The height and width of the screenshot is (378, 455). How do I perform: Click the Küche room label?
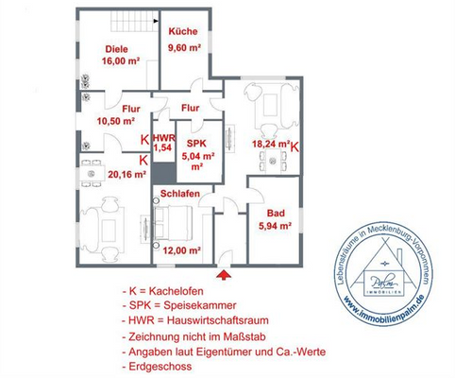pyautogui.click(x=182, y=31)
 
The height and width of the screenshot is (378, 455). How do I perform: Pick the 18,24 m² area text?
pyautogui.click(x=269, y=145)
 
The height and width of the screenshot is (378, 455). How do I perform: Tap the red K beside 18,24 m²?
pyautogui.click(x=295, y=147)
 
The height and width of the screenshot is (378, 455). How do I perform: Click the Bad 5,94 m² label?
pyautogui.click(x=275, y=219)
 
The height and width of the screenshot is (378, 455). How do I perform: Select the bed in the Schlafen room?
pyautogui.click(x=176, y=224)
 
